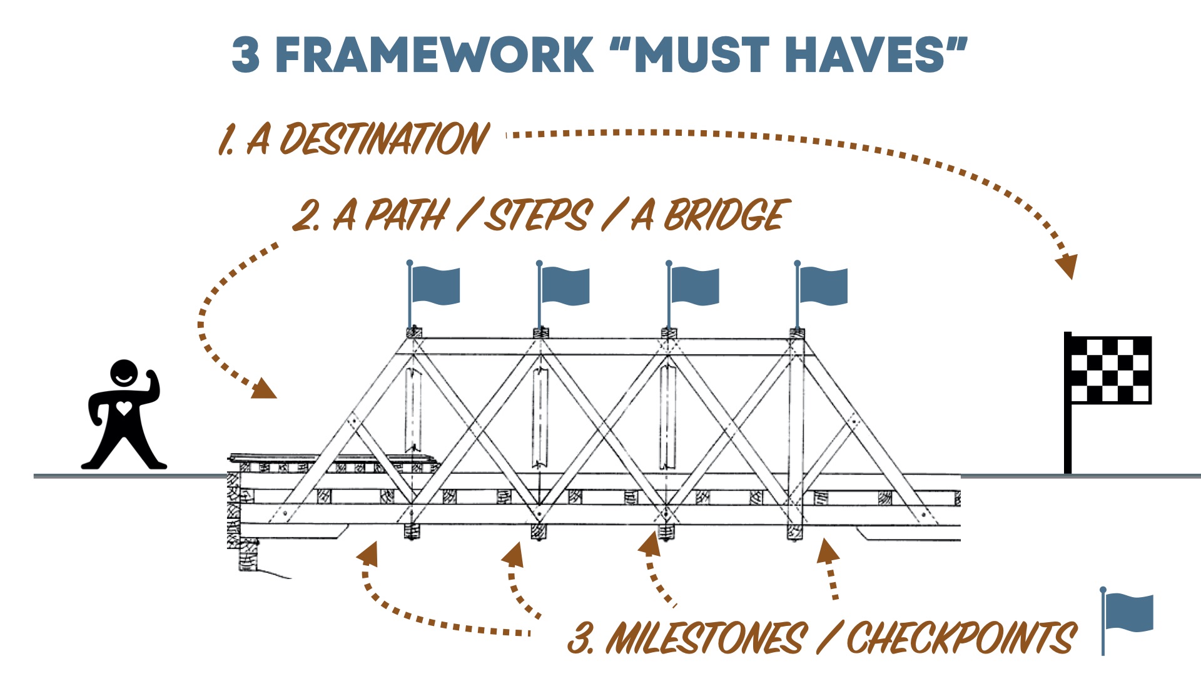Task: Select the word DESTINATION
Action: [x=383, y=139]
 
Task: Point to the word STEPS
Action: [x=538, y=215]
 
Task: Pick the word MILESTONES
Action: [x=707, y=638]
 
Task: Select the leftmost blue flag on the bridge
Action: [x=435, y=285]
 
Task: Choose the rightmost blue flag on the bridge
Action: [x=823, y=285]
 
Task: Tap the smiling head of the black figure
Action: [x=124, y=374]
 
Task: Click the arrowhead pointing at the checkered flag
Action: [x=1067, y=265]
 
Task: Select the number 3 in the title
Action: [x=245, y=55]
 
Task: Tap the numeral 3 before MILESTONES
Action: [x=580, y=638]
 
